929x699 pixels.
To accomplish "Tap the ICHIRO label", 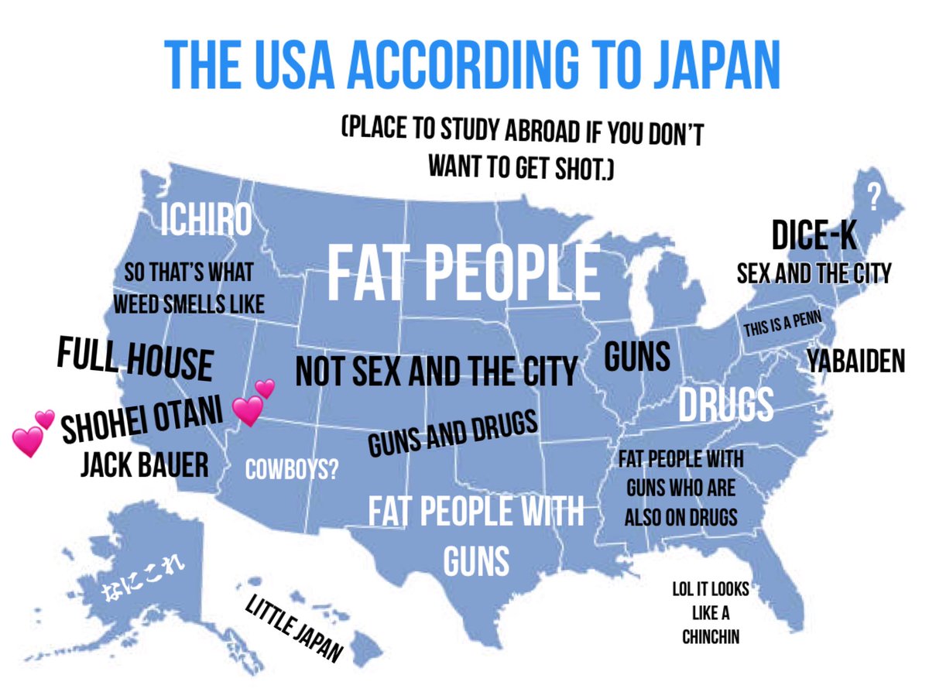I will pos(207,221).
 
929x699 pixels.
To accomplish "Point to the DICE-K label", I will pos(814,237).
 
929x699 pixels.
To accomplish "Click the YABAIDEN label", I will pos(855,361).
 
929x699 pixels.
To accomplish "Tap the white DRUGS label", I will pos(726,404).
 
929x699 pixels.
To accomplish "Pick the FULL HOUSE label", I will pos(135,360).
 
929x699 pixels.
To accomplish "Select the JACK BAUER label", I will pos(144,465).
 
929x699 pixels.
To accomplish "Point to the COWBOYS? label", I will pos(292,470).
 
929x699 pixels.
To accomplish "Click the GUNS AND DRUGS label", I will pos(452,433).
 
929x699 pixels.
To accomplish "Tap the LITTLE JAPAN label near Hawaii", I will pos(293,629).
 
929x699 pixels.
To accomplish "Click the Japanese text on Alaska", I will pos(145,582).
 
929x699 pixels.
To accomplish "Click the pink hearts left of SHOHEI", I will pos(33,434).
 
